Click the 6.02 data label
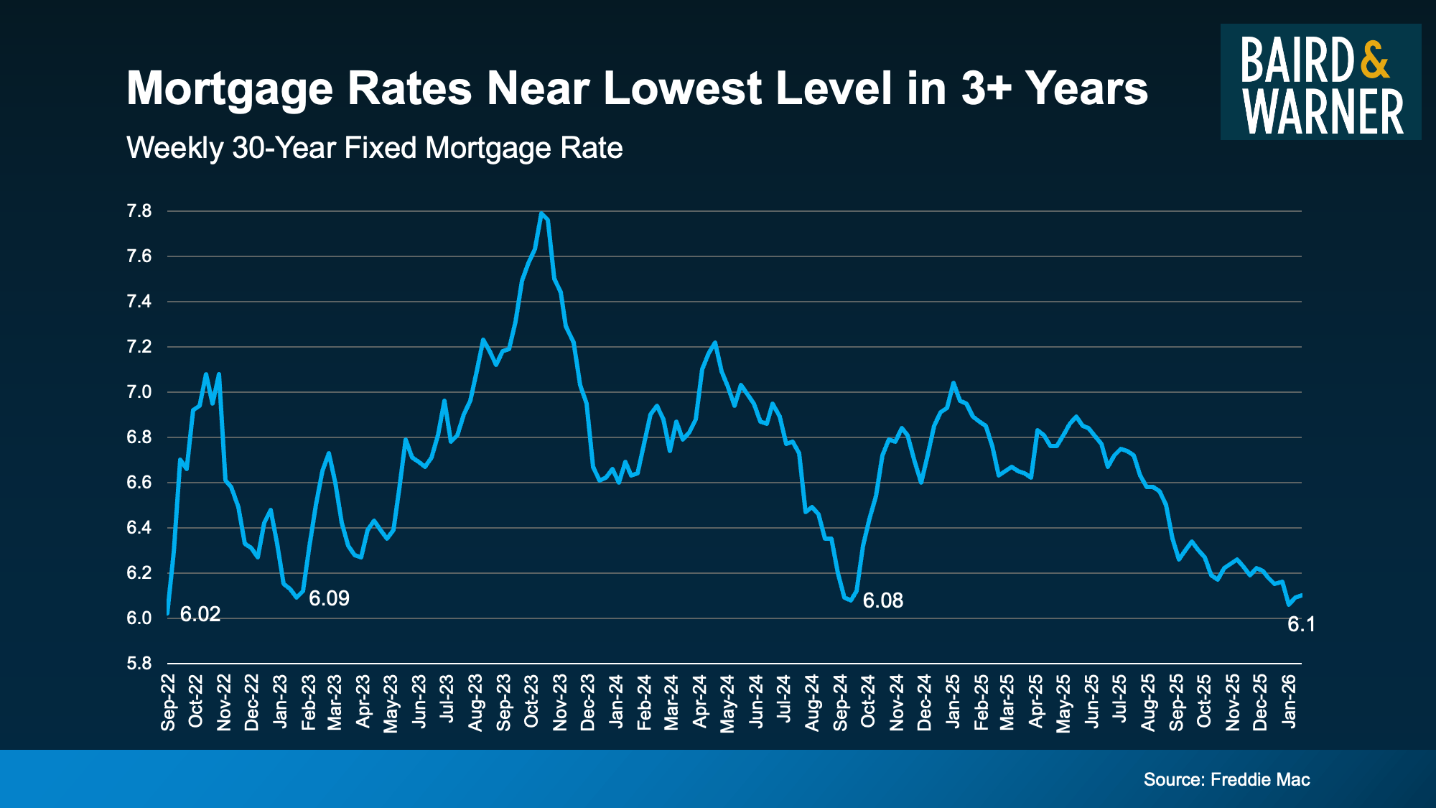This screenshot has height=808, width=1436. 200,614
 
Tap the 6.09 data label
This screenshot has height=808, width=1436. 329,598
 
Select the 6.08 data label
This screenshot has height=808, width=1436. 882,600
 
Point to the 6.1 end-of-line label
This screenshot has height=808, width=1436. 1301,625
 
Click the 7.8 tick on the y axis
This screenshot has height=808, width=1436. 139,211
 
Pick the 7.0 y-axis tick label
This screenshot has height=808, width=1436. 139,392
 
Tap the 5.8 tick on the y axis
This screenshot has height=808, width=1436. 139,664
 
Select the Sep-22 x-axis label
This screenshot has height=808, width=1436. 168,702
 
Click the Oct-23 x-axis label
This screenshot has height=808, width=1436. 531,702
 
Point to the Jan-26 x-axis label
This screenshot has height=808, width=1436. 1290,702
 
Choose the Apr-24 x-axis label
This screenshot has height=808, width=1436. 700,702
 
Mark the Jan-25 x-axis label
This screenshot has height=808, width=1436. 953,702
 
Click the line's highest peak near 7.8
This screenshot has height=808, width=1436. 541,213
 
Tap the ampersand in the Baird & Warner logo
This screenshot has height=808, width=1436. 1375,60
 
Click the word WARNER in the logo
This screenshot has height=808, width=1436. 1323,112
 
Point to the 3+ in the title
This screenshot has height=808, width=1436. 986,88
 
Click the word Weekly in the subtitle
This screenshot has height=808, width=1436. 175,148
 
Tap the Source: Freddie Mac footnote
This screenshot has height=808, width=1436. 1226,780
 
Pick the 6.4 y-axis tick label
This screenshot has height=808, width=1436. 139,528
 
